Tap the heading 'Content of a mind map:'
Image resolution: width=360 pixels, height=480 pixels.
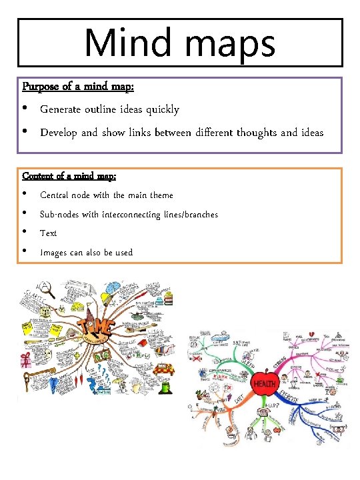click(x=69, y=177)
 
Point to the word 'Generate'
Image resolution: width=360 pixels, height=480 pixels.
click(x=62, y=109)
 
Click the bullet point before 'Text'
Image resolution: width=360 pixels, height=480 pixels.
click(x=25, y=233)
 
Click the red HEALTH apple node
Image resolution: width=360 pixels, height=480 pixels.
click(x=265, y=383)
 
